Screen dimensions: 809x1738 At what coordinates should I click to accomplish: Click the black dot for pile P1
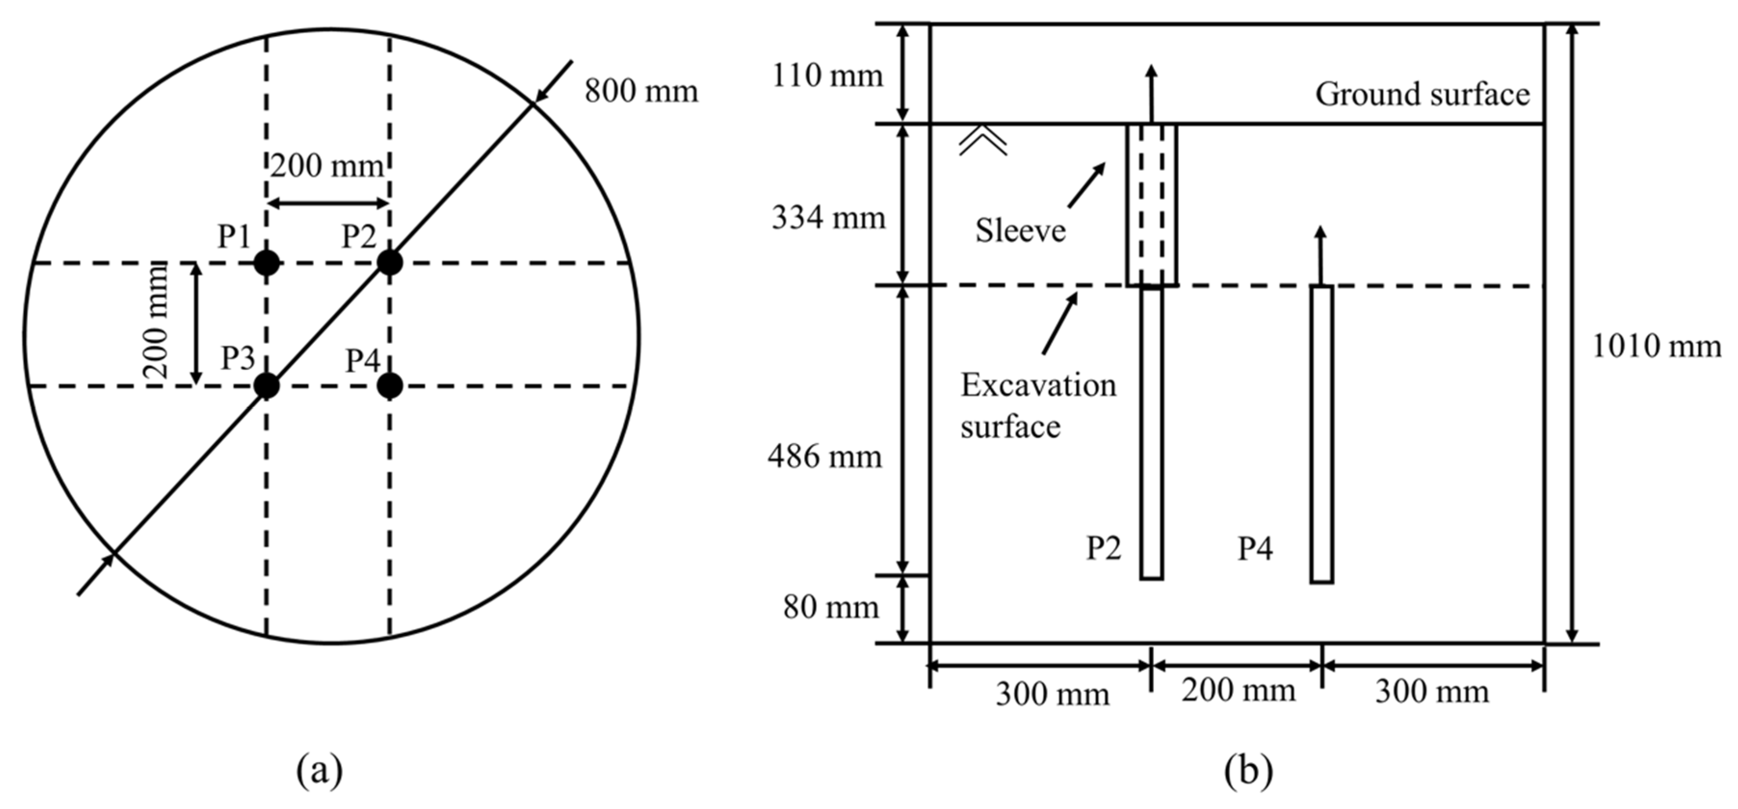pyautogui.click(x=266, y=262)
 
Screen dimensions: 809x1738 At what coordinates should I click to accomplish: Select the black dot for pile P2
pyautogui.click(x=389, y=262)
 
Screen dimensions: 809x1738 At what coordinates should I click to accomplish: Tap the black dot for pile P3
pyautogui.click(x=266, y=386)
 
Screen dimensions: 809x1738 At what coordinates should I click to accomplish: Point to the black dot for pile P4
pyautogui.click(x=389, y=386)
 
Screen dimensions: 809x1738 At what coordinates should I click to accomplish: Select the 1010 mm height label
pyautogui.click(x=1656, y=347)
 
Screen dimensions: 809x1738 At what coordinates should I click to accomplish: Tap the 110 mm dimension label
pyautogui.click(x=827, y=76)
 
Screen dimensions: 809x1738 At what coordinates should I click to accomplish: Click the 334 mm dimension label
pyautogui.click(x=828, y=218)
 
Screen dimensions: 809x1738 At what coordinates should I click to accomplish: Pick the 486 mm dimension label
pyautogui.click(x=824, y=457)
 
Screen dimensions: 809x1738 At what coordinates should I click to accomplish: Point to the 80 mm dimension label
pyautogui.click(x=831, y=607)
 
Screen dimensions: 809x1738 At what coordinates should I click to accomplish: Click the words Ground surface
pyautogui.click(x=1422, y=94)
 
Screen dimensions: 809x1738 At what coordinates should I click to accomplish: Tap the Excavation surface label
pyautogui.click(x=1038, y=405)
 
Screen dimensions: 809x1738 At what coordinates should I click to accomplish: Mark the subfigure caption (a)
pyautogui.click(x=319, y=770)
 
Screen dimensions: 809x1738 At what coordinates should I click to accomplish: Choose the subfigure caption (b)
pyautogui.click(x=1248, y=770)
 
